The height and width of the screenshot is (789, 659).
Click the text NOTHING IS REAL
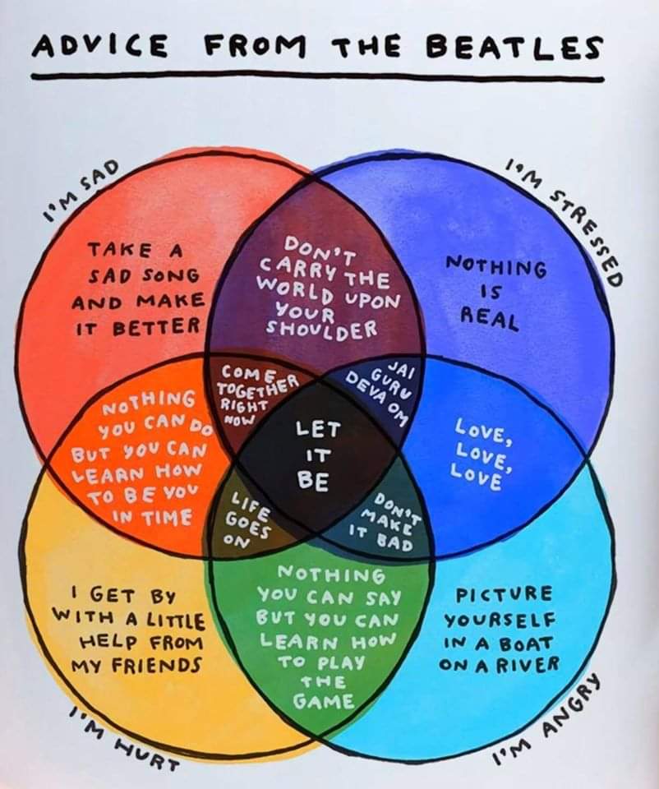coord(495,292)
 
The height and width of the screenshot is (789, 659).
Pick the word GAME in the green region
coord(324,701)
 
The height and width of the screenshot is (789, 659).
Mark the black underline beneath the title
coord(316,78)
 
